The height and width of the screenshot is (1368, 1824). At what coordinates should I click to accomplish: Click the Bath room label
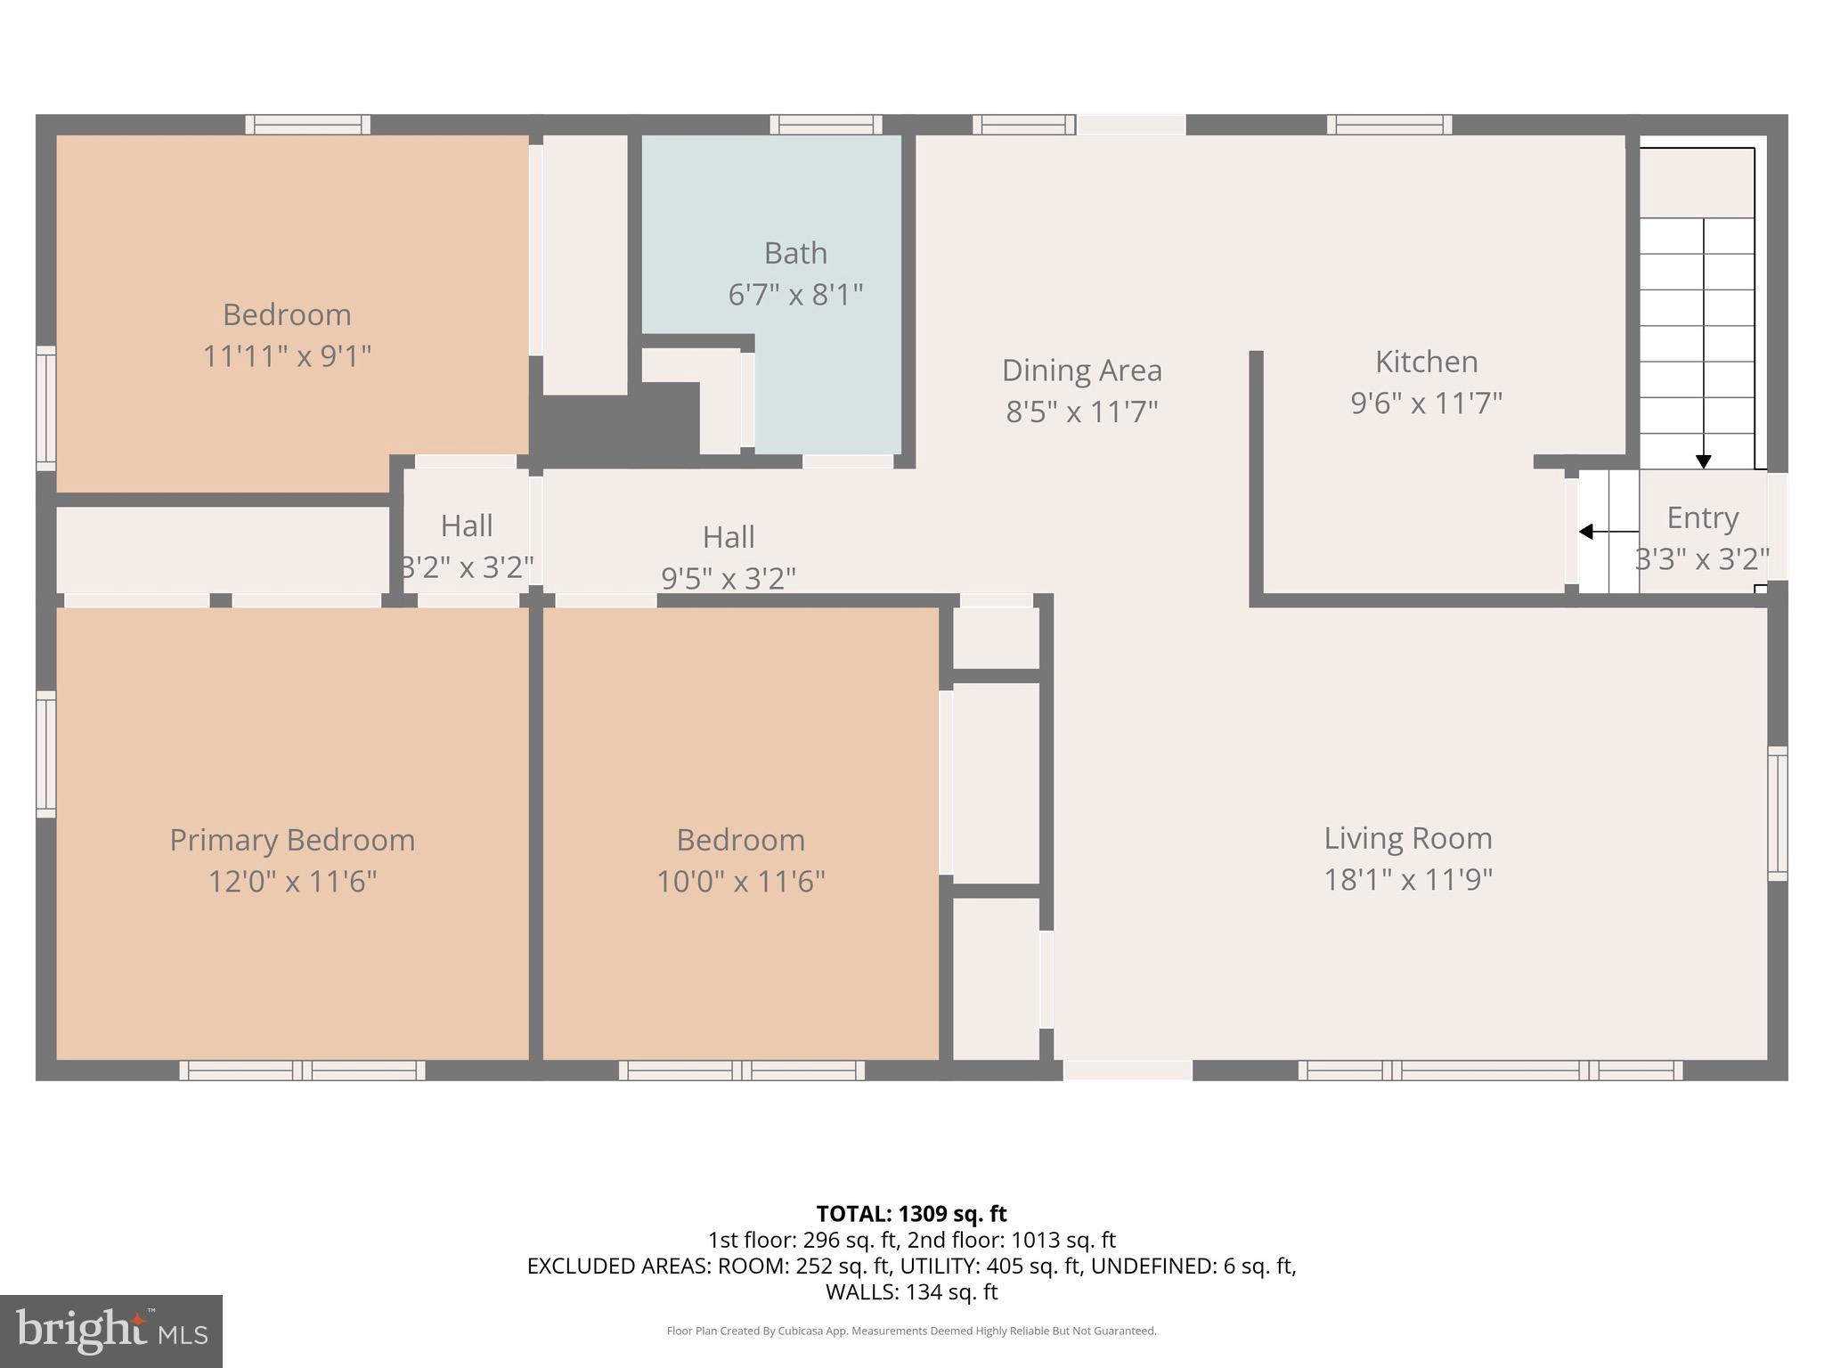795,254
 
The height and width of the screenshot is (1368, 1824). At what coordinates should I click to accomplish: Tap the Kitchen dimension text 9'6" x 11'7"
1426,403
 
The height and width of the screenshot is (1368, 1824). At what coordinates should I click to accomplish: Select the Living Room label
1407,838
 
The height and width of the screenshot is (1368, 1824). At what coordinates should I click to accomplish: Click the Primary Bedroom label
292,840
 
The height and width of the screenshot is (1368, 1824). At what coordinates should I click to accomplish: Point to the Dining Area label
1081,370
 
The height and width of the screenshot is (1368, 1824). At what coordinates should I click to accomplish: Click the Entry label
1702,517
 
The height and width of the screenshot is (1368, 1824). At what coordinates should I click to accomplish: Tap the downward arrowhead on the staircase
1703,461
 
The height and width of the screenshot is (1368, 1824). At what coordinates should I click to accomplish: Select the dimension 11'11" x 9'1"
287,356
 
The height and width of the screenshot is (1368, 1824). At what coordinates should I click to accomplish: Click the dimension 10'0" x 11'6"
740,882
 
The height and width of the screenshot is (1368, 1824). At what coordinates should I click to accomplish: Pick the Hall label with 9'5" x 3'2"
729,537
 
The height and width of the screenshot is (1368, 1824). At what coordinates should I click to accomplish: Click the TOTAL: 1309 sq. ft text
911,1213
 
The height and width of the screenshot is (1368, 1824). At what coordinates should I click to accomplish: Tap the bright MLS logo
111,1331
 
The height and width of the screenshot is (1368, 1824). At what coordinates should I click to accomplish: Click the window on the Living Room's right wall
1777,813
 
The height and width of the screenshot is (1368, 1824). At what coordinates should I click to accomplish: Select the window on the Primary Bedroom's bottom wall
302,1070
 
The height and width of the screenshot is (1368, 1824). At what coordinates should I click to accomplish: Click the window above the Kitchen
1388,125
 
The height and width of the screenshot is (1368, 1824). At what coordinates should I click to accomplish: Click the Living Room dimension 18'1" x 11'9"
1407,880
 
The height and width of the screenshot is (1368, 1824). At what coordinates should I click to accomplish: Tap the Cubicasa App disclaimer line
911,1331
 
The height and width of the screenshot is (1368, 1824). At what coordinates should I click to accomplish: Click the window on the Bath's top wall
826,125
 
